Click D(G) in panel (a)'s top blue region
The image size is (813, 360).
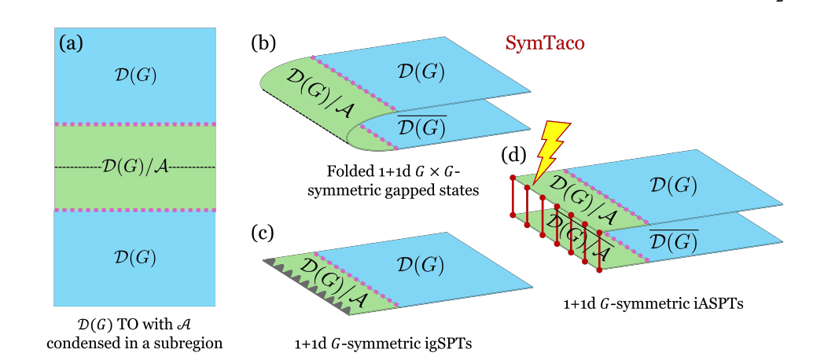coord(134,75)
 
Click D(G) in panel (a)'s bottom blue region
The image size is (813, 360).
coord(134,256)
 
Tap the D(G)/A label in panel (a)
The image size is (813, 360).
coord(134,167)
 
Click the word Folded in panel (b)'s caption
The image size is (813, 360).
coord(348,171)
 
